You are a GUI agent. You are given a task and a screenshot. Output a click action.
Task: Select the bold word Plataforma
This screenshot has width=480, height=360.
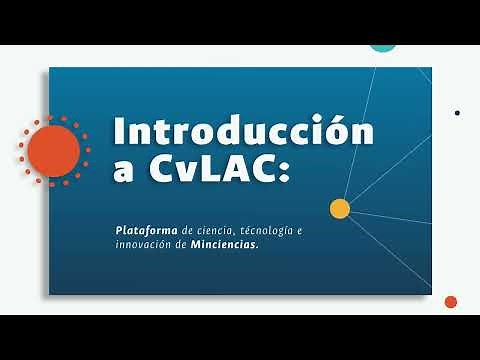(147, 230)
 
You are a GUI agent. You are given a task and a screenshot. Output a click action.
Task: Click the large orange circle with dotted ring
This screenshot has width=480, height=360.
(53, 150)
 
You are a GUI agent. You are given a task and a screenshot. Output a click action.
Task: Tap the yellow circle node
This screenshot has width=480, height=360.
(340, 208)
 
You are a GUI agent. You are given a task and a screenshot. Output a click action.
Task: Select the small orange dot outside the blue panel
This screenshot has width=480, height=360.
(450, 302)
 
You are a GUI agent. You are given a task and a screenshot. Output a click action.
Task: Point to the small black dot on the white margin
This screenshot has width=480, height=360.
(457, 113)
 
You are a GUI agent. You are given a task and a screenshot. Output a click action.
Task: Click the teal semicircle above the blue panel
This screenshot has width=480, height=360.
(383, 45)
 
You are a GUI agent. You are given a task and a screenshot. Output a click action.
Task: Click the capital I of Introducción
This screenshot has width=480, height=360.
(120, 131)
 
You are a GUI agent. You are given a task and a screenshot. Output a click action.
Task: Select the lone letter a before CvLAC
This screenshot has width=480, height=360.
(123, 172)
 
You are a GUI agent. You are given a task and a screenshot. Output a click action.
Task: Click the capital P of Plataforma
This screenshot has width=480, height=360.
(119, 230)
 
